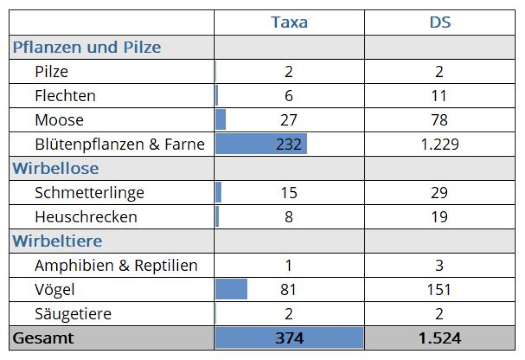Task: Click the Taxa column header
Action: point(289,22)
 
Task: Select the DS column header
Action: point(440,22)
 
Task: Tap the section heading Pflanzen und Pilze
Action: point(87,47)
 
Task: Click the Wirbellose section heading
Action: point(55,168)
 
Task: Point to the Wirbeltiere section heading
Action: point(57,241)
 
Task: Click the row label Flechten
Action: point(65,96)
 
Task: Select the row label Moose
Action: point(59,120)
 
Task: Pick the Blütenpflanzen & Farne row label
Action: point(120,144)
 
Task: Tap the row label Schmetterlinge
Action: point(90,193)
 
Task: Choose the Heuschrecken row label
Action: point(86,217)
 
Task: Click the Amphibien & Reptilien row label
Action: point(116,265)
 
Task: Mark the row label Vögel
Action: point(55,289)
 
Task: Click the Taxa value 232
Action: point(289,144)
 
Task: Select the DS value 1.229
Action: point(440,144)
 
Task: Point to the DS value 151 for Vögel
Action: point(440,289)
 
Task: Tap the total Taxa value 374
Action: point(289,338)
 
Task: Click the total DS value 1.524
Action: point(440,338)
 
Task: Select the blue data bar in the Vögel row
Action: point(231,289)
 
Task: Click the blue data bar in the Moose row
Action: point(220,120)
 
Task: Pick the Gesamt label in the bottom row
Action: point(43,338)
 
